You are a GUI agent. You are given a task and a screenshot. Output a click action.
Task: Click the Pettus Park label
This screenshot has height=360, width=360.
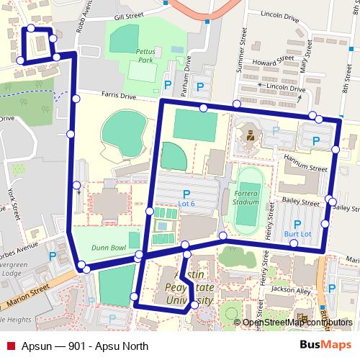(143, 56)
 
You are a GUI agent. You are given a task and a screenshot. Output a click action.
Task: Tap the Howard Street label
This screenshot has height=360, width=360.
(270, 63)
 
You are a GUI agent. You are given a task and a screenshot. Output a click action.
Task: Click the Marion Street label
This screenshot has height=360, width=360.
(29, 292)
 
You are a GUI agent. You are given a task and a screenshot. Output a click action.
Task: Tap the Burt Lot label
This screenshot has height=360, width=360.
(297, 234)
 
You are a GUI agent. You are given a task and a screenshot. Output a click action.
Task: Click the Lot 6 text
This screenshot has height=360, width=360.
(186, 203)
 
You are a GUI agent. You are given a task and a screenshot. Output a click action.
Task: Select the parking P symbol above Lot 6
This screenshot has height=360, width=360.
(186, 192)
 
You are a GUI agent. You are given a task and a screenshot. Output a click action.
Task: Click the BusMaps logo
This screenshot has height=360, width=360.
(320, 345)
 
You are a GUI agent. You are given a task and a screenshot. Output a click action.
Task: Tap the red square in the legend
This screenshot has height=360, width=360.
(10, 345)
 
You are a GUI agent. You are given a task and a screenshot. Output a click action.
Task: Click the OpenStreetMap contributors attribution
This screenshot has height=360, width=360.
(296, 323)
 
